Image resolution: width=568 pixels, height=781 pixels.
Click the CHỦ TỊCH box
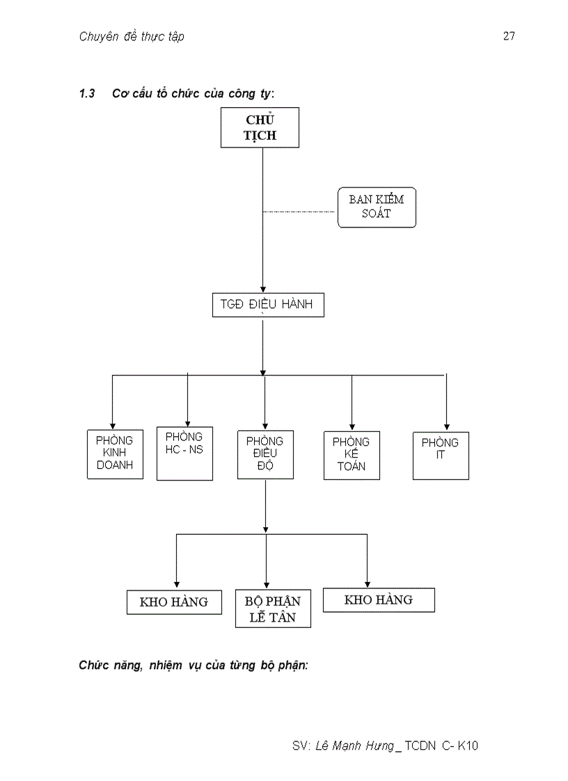click(260, 127)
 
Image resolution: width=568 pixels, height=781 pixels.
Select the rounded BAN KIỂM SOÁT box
click(377, 207)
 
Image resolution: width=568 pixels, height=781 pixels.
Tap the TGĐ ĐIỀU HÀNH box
click(268, 305)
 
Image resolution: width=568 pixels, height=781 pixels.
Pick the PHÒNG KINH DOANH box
click(115, 454)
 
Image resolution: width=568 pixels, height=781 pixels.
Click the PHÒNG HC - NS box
click(184, 453)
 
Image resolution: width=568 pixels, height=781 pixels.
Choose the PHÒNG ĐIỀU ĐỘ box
click(265, 454)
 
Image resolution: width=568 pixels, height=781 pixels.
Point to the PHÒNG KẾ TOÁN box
click(352, 455)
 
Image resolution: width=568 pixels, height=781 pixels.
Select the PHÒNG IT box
click(441, 455)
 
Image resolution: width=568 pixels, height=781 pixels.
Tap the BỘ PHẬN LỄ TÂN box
click(273, 609)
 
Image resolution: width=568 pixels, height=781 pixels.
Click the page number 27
click(509, 37)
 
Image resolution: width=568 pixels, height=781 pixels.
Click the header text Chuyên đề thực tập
click(132, 37)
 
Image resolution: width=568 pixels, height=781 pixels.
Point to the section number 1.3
click(87, 94)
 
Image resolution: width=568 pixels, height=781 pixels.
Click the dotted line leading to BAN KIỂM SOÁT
click(299, 211)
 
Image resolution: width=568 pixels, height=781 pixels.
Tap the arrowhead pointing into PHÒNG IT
click(446, 426)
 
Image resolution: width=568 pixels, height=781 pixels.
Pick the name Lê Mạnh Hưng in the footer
click(354, 746)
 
